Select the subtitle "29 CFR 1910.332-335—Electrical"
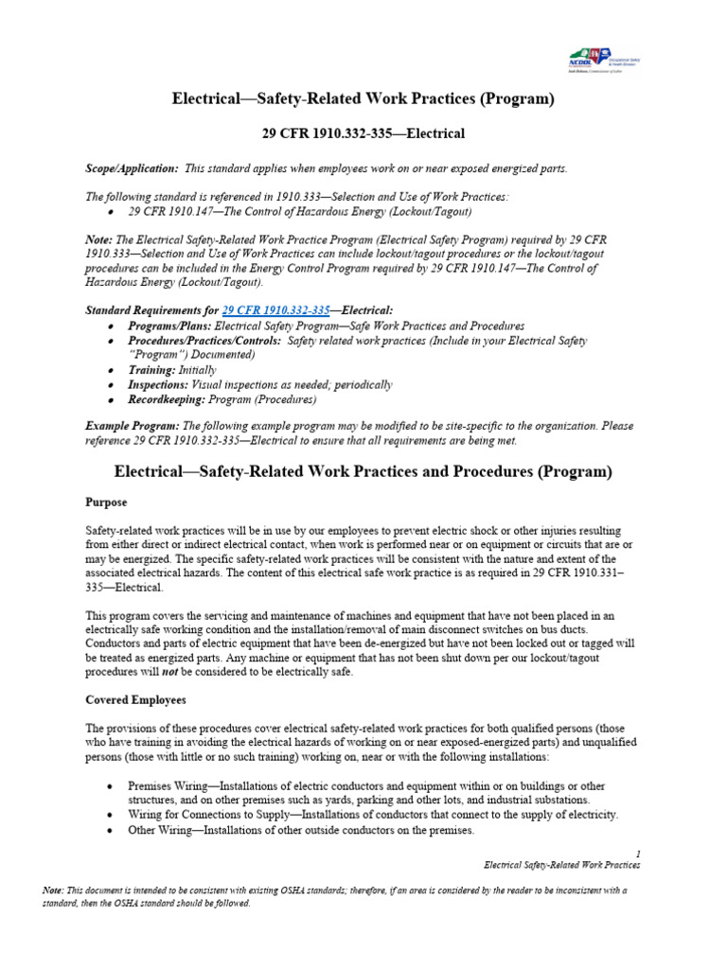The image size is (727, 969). click(x=363, y=134)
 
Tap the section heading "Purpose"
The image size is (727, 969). click(x=106, y=502)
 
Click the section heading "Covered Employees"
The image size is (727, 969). click(x=136, y=700)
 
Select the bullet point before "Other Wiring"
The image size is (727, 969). click(x=112, y=830)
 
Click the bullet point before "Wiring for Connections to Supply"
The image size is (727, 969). click(x=112, y=815)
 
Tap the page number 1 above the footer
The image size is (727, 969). click(x=638, y=852)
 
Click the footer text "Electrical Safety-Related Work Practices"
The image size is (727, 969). click(x=561, y=865)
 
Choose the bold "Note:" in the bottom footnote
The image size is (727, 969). click(x=53, y=890)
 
